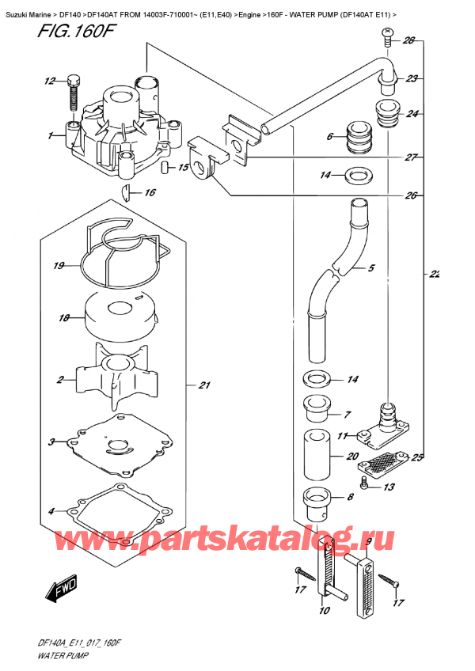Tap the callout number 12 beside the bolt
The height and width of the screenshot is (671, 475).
click(51, 81)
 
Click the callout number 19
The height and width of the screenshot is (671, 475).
click(58, 266)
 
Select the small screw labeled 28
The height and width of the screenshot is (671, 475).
click(388, 32)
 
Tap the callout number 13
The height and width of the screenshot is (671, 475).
click(389, 487)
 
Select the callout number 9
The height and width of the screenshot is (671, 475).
click(369, 543)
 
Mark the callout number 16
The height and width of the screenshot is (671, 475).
click(150, 192)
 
